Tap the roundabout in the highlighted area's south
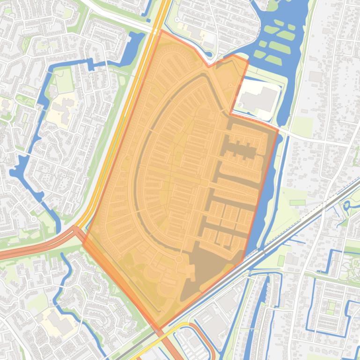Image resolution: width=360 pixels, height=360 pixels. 178,259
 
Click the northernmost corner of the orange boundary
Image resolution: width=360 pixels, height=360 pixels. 161,31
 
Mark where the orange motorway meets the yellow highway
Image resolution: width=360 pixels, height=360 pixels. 77,229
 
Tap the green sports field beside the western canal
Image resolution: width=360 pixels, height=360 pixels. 65,81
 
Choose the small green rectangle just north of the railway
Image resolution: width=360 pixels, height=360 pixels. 297,202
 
